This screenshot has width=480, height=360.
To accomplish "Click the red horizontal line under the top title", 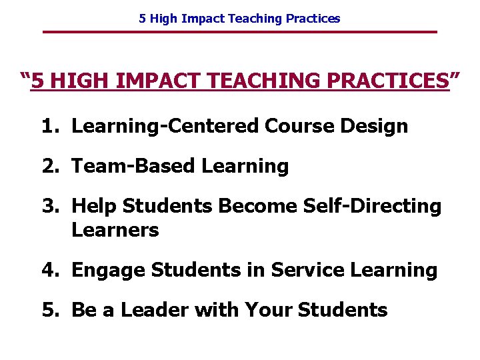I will click(240, 32).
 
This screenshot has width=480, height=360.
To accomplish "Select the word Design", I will click(378, 127).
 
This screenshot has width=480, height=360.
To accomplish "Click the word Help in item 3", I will click(92, 207).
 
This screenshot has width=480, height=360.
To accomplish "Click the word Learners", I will click(115, 231).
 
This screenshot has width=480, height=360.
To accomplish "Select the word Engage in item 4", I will click(108, 271).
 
